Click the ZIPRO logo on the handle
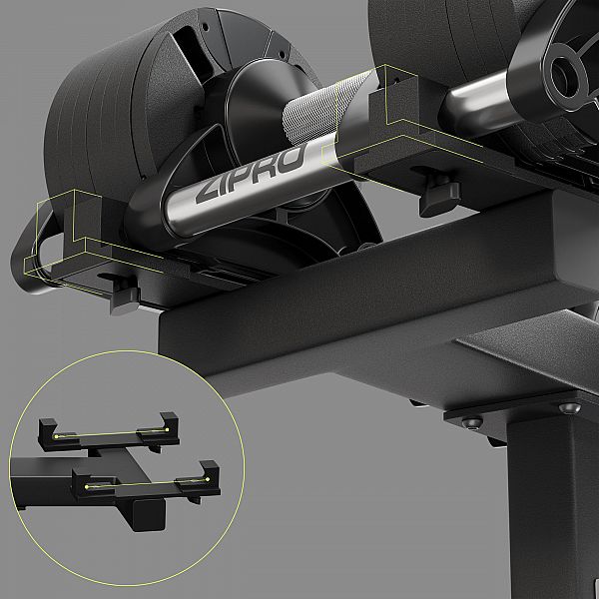[251, 173]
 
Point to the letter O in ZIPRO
[292, 158]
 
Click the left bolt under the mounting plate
[472, 422]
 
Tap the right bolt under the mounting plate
[569, 408]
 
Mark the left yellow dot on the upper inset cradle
[56, 436]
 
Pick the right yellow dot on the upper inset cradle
[167, 429]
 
